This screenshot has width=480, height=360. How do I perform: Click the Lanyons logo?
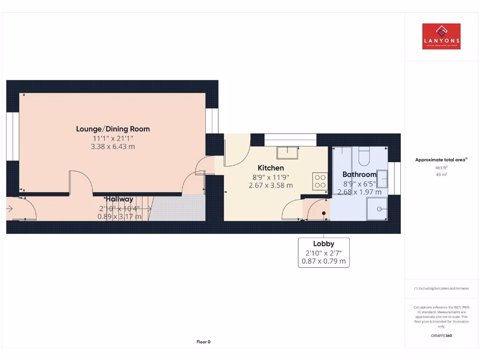coord(441,37)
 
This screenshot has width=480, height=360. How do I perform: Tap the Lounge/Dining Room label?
coord(113,129)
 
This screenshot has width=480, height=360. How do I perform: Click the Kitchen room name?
coord(270,168)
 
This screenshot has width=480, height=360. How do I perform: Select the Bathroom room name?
coord(359,174)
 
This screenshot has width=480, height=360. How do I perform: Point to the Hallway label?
coord(119,199)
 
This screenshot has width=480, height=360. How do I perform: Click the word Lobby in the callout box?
coord(323,244)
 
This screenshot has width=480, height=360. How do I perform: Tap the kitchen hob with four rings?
coord(320,181)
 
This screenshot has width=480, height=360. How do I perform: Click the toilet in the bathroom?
coord(364,156)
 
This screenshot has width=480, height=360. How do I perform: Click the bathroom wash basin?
coord(382,179)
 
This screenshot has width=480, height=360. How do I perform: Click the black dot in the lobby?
coord(323,214)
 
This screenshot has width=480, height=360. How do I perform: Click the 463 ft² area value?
coord(441,167)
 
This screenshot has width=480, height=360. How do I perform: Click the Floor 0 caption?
coord(203,342)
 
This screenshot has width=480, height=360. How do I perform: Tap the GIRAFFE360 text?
coord(441,336)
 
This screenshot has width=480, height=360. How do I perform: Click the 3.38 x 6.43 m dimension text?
coord(113,147)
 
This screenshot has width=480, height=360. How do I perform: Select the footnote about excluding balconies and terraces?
coord(441,288)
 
